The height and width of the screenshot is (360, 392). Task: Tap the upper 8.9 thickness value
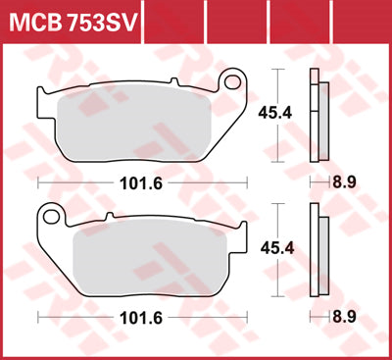click(343, 182)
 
